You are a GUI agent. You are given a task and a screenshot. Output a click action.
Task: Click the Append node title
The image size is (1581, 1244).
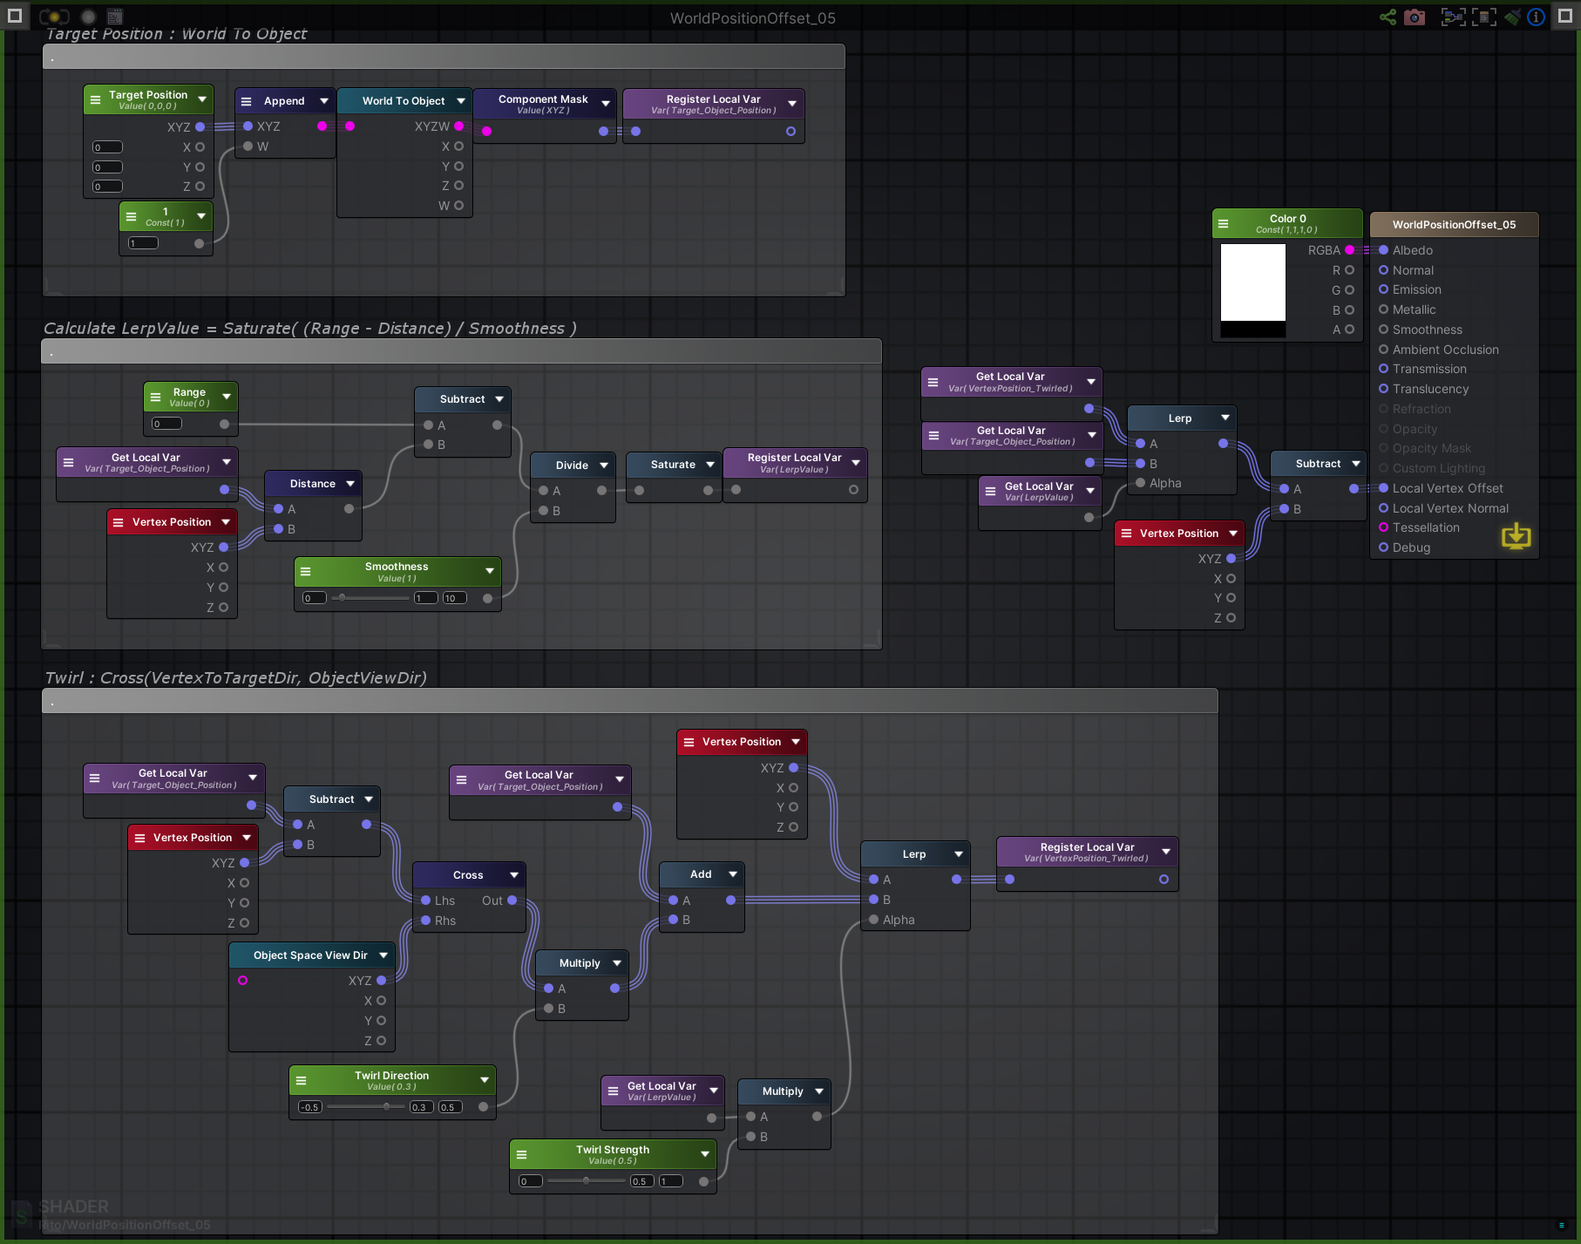pos(284,101)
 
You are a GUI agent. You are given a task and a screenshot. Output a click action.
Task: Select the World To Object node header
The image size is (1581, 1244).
pos(403,101)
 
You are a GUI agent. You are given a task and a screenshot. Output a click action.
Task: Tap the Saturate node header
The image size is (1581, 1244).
pos(672,465)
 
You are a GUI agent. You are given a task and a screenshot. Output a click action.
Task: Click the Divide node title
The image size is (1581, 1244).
pos(572,466)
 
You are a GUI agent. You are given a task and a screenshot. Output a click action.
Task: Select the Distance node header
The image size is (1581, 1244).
pos(312,484)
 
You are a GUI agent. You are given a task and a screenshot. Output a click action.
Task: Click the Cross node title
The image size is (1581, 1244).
pos(467,875)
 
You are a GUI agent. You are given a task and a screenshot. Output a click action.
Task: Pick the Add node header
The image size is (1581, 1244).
pos(700,874)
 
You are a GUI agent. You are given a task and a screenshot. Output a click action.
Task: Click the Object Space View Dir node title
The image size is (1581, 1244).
pos(309,955)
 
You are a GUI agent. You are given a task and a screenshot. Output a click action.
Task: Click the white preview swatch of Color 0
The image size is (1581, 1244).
pos(1252,282)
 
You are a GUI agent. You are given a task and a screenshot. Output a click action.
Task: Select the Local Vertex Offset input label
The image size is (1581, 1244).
pos(1447,488)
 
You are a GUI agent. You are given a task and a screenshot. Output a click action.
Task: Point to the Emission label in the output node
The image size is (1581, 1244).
pos(1416,289)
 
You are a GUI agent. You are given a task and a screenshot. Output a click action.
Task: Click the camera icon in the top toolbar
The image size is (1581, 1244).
pos(1415,17)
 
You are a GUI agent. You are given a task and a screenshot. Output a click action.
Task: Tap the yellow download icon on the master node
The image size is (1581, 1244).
pos(1516,535)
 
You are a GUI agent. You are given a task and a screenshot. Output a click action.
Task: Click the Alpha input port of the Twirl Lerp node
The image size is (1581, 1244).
pos(874,920)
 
